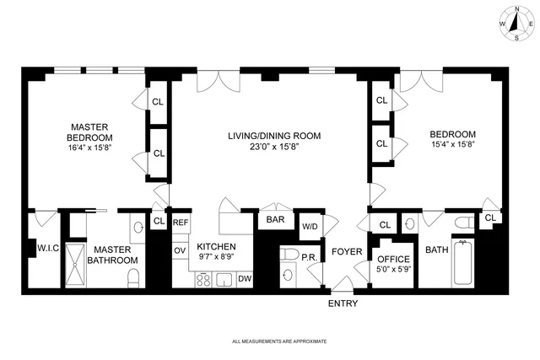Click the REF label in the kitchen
(180, 223)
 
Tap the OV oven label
(179, 250)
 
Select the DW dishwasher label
(244, 278)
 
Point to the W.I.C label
(46, 248)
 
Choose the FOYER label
(346, 251)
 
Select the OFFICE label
(392, 258)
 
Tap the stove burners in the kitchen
(203, 278)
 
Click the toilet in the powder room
(289, 255)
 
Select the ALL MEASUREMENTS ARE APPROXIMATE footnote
(278, 341)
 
